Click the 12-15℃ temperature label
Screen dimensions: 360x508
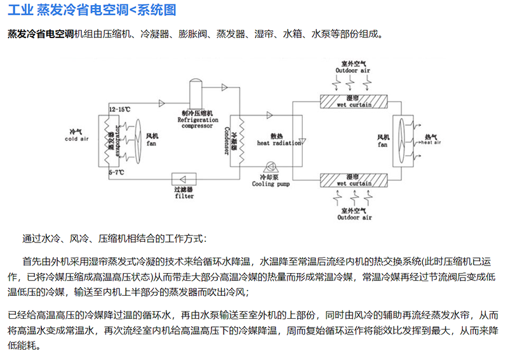tap(120, 110)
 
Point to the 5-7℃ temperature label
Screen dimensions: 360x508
tap(116, 172)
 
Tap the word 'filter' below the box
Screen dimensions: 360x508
tap(184, 196)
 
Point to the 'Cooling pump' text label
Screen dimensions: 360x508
tap(272, 184)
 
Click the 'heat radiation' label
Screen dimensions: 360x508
tap(277, 143)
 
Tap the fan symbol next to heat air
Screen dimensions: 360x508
tap(400, 140)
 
